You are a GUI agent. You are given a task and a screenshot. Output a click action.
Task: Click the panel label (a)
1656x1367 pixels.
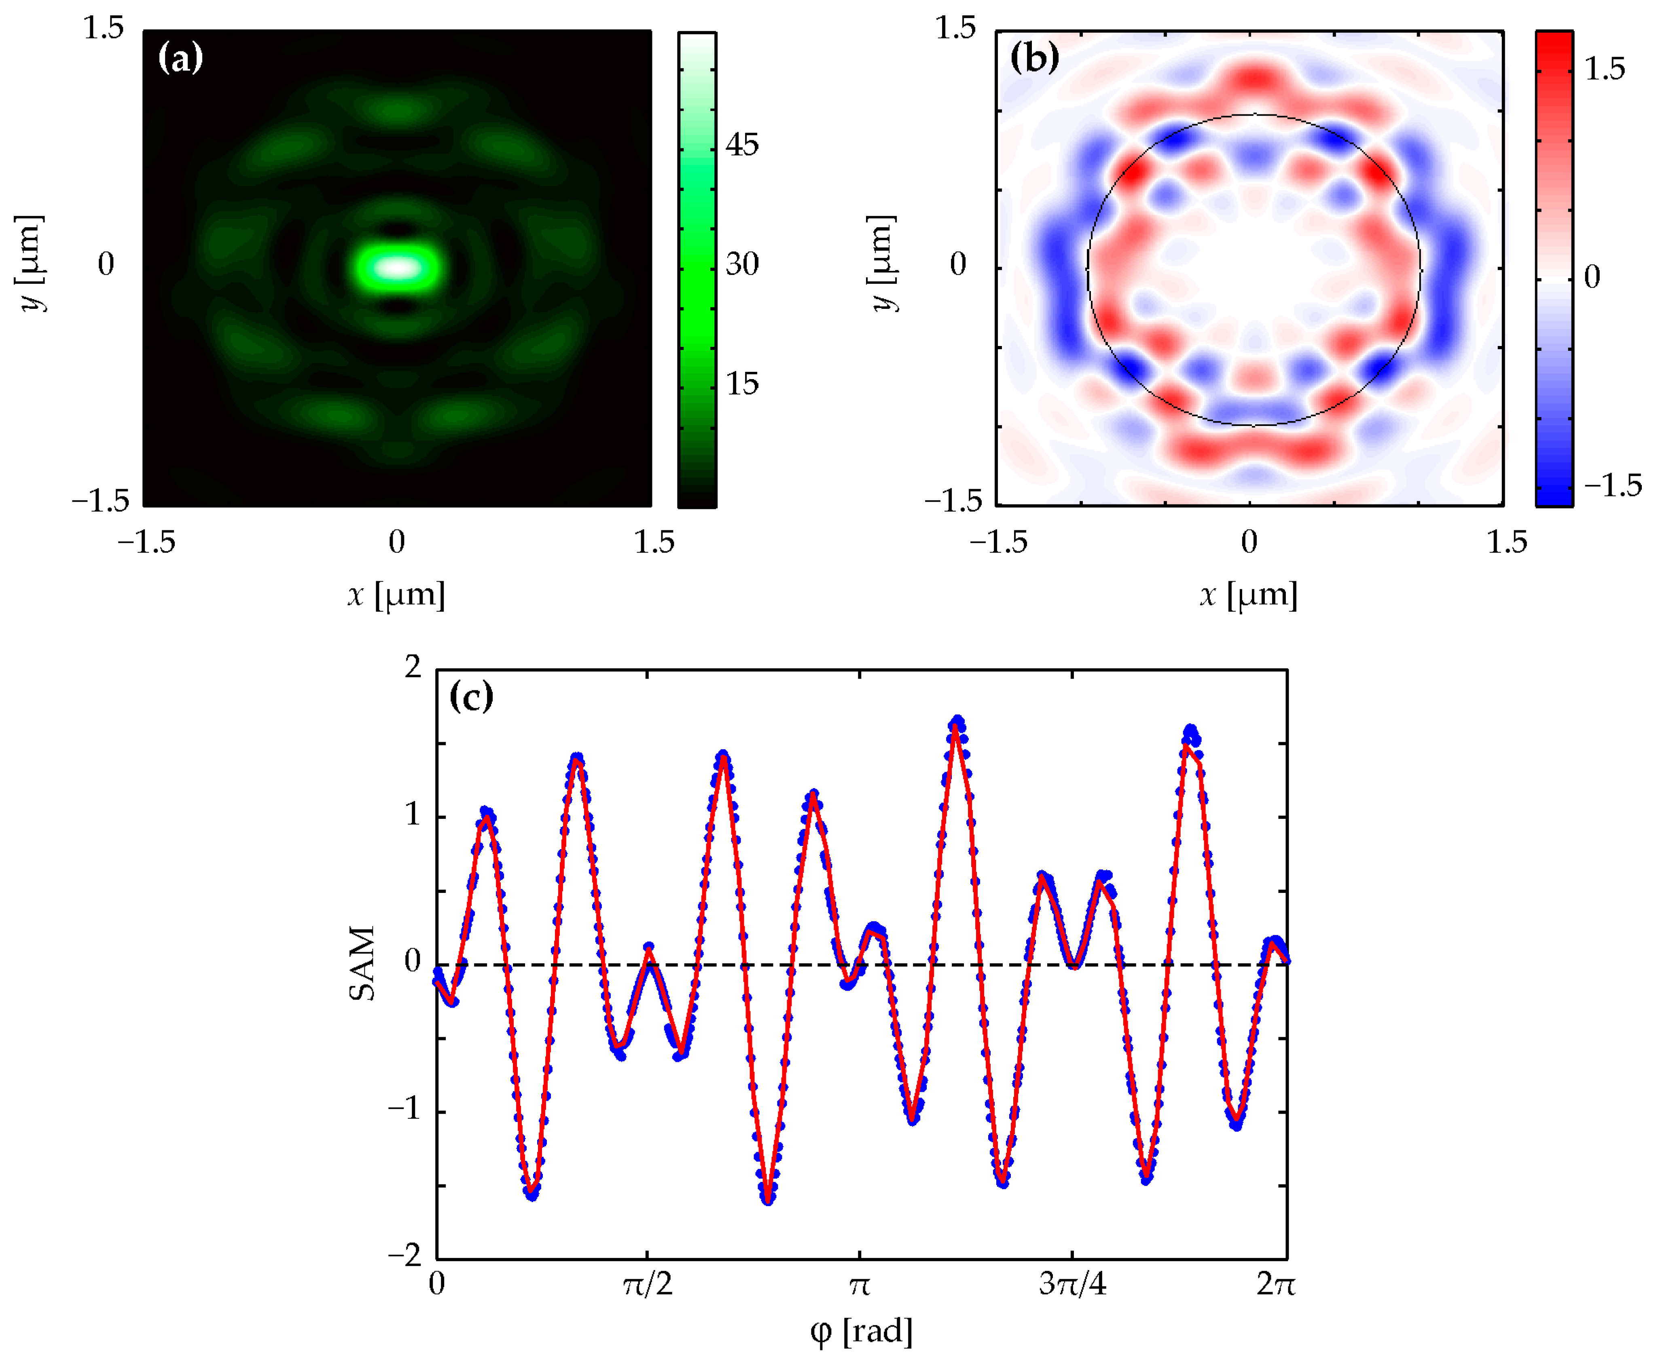point(180,58)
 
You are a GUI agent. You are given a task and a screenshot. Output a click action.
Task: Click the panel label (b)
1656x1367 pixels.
point(1033,58)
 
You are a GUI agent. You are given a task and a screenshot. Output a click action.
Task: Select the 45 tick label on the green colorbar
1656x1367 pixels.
point(741,145)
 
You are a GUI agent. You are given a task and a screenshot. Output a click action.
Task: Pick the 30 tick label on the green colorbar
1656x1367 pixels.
point(741,264)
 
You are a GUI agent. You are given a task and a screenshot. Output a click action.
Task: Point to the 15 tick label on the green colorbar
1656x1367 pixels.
point(741,384)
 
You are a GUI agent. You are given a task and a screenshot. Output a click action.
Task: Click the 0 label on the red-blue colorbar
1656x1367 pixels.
point(1591,276)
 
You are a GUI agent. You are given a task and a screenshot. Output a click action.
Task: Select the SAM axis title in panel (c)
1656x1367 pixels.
point(362,964)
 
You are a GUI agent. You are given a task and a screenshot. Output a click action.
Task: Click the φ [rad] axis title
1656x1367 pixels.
point(861,1331)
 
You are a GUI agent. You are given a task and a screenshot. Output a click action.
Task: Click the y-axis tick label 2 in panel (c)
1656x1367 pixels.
point(413,668)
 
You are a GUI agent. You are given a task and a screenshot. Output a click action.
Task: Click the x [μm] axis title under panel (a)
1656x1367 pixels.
point(396,595)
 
